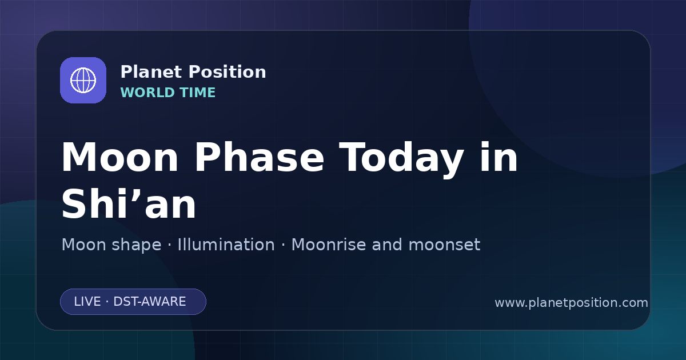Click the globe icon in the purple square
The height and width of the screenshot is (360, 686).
[x=83, y=80]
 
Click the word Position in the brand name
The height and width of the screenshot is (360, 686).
[x=228, y=72]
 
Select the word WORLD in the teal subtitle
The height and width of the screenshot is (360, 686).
[x=147, y=93]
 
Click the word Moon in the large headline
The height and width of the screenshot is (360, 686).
[x=119, y=157]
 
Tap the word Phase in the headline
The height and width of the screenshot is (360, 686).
[x=259, y=157]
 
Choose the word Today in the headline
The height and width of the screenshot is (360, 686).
[x=401, y=159]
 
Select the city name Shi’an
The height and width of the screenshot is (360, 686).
[x=129, y=203]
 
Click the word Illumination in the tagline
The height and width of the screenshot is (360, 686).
[x=226, y=245]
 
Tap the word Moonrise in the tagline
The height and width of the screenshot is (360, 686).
[x=328, y=245]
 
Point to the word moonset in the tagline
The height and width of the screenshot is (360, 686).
[x=444, y=245]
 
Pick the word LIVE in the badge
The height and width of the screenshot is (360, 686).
[x=87, y=302]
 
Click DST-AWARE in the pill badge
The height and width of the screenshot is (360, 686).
[x=149, y=302]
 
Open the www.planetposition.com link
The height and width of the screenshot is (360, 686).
[x=571, y=303]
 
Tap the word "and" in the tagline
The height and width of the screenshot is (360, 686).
[x=387, y=245]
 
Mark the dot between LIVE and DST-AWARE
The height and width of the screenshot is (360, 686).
[x=107, y=302]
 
